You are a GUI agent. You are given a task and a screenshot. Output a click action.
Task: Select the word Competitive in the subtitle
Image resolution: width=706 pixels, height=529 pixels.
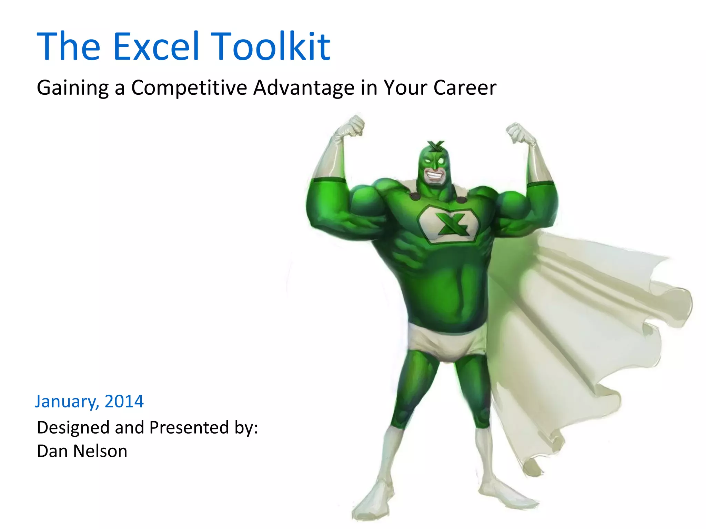(x=189, y=87)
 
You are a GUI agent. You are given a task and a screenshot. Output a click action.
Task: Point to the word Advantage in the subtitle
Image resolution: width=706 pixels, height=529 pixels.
(x=304, y=88)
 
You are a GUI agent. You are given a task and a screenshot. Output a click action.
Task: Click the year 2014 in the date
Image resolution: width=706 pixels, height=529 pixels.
(x=124, y=401)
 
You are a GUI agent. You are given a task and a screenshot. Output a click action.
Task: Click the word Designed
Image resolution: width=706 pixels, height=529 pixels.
(x=73, y=428)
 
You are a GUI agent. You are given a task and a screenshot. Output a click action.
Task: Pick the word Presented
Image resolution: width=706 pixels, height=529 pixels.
(x=189, y=427)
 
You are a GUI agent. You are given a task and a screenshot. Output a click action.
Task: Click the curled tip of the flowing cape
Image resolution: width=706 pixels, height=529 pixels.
(x=676, y=303)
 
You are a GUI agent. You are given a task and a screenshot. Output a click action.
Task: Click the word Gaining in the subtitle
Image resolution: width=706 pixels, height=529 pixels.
(x=73, y=88)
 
